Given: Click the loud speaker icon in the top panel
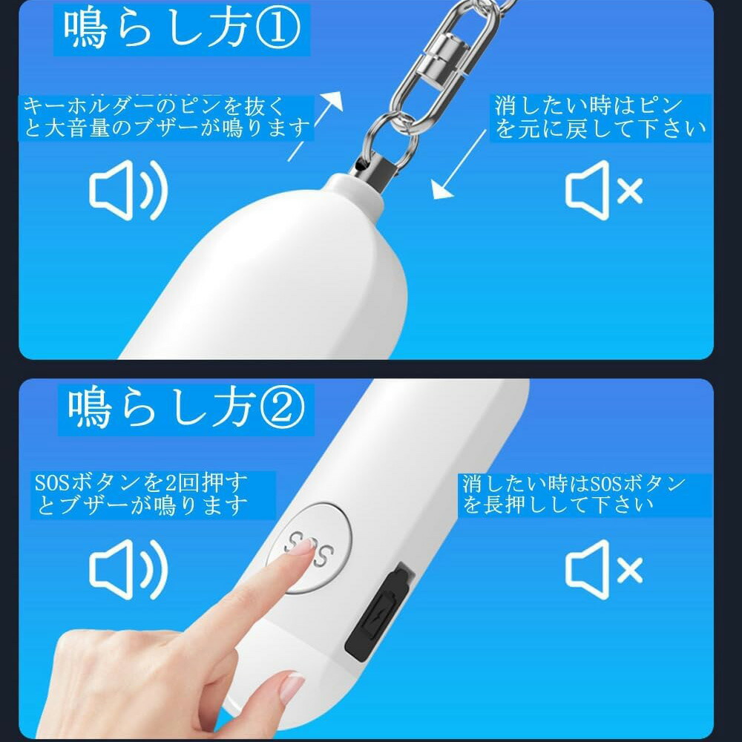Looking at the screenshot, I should [x=128, y=190].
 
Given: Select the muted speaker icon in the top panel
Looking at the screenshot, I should [x=603, y=191].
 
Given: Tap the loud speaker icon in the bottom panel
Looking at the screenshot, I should [x=128, y=569].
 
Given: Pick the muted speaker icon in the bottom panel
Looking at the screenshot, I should [x=603, y=570].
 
